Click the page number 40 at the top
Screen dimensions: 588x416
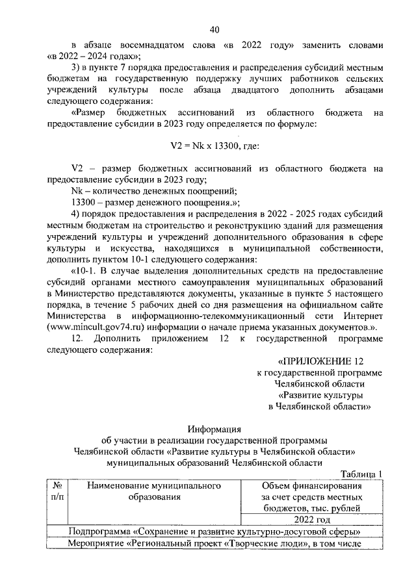(x=214, y=29)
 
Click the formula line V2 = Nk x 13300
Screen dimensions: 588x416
(x=214, y=146)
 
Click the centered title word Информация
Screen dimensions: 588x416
(x=214, y=429)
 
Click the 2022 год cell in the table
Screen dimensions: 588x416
(x=311, y=520)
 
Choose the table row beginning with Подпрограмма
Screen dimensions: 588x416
(x=214, y=531)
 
